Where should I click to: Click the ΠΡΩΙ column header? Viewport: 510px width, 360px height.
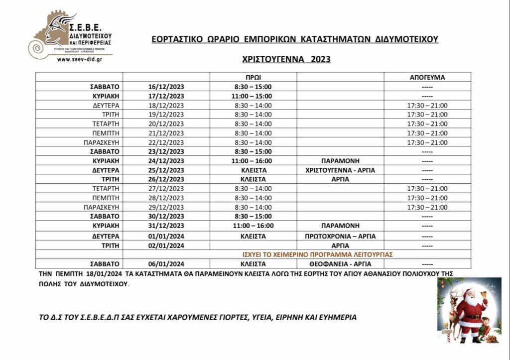point(253,78)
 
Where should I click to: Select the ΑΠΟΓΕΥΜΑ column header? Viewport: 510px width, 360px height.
point(427,78)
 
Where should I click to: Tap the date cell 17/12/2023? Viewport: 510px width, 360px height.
point(166,96)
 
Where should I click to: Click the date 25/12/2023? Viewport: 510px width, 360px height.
point(166,170)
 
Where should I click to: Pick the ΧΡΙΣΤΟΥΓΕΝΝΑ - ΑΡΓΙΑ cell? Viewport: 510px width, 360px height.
point(340,170)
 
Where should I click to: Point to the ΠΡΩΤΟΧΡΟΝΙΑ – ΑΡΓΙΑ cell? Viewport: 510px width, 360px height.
point(340,236)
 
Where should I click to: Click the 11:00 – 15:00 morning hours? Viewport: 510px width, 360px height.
point(253,96)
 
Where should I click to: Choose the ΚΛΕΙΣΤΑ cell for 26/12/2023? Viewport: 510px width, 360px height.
point(253,179)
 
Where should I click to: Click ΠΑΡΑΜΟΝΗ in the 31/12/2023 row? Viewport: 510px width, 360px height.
point(340,226)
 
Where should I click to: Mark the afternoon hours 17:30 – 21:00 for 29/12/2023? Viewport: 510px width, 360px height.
point(427,207)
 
